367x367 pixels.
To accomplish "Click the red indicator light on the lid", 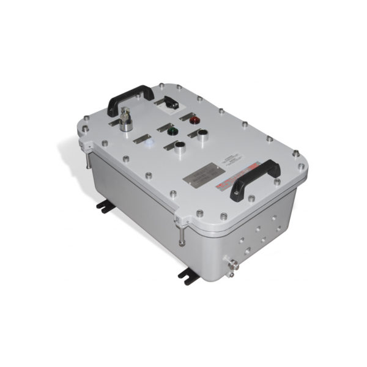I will [196, 120].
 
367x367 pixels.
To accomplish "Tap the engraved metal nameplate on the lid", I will [201, 176].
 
